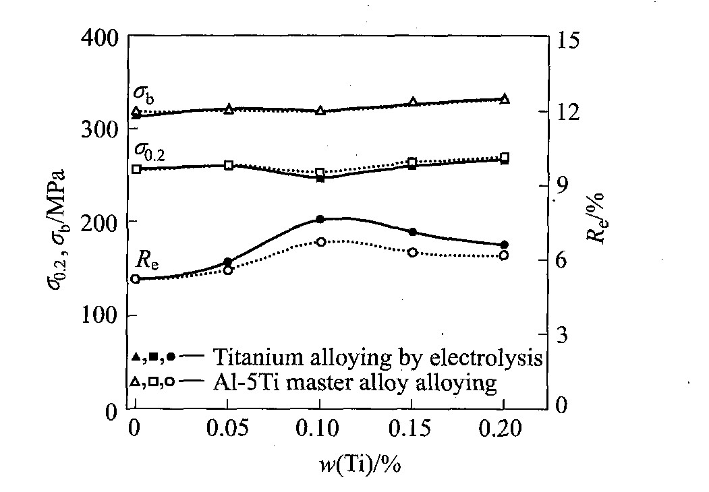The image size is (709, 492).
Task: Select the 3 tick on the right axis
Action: (561, 335)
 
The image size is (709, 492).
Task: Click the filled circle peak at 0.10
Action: (320, 219)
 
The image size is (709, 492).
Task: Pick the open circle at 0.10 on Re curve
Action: (321, 241)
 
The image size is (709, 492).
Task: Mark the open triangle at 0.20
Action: (504, 99)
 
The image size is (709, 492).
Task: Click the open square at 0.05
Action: (229, 165)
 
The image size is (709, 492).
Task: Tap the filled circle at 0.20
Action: (504, 245)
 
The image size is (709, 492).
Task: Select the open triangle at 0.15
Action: (413, 102)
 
